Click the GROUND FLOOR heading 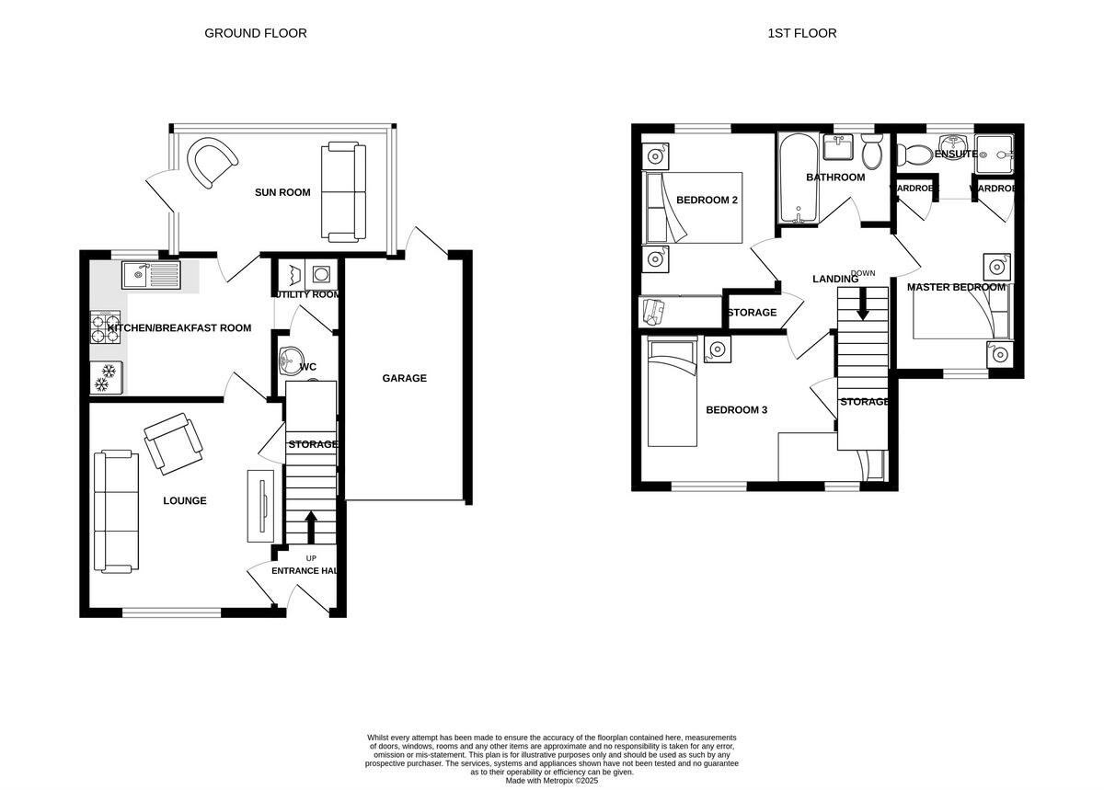point(255,33)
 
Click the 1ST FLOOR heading point(801,33)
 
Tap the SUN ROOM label point(282,193)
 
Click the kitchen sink point(152,273)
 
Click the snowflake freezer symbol point(107,376)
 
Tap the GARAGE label point(405,378)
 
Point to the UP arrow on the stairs point(310,528)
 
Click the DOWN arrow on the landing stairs point(863,304)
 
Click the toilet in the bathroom point(872,152)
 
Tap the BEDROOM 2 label point(707,200)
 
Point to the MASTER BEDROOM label point(956,287)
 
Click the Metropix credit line point(552,780)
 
